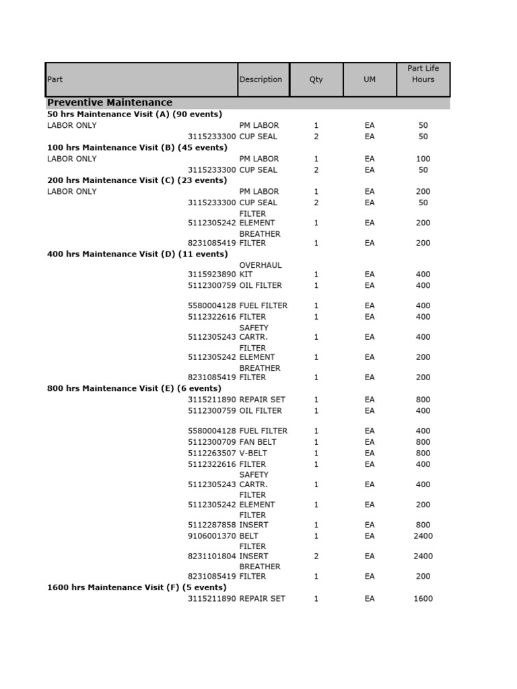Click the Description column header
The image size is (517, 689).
(261, 79)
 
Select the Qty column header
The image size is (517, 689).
(316, 79)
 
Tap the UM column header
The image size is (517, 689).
(370, 79)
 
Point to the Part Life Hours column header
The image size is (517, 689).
(423, 74)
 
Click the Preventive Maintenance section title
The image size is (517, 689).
(110, 102)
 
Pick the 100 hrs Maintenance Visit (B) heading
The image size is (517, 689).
(137, 147)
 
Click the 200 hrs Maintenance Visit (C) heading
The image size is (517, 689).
(137, 180)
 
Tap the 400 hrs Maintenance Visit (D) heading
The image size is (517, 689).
(137, 254)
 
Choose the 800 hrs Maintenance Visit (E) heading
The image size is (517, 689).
(134, 388)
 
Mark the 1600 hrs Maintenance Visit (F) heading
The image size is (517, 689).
(137, 587)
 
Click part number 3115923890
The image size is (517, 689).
(212, 275)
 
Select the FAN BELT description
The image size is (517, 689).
(258, 442)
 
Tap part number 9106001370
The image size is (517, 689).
(212, 536)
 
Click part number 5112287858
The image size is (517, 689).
(212, 525)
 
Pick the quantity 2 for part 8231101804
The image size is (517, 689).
(316, 556)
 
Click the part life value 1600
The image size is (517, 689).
(423, 599)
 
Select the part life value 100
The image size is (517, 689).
(423, 159)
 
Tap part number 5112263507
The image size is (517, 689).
(212, 453)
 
